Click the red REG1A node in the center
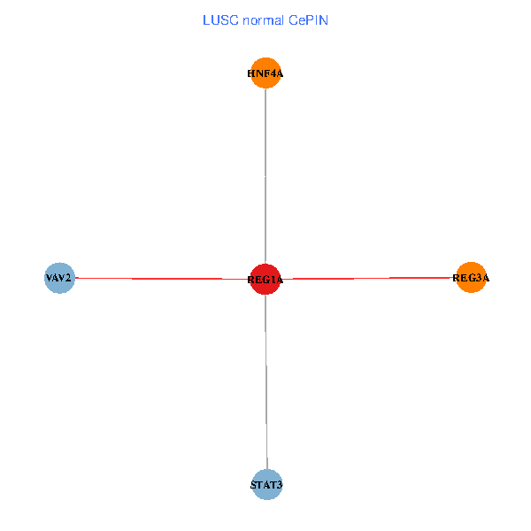(265, 279)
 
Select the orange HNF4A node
(265, 73)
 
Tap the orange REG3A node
(471, 278)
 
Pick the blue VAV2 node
(59, 278)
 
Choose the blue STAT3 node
(266, 484)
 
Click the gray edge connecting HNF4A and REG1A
(265, 177)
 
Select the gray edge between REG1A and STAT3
(266, 381)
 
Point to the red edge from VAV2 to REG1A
(159, 279)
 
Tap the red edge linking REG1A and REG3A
(372, 279)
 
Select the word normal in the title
(262, 19)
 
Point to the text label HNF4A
(265, 74)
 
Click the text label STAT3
(266, 485)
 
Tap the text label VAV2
(59, 279)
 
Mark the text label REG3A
(471, 279)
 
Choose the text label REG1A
(265, 281)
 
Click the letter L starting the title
(206, 19)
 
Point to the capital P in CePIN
(310, 19)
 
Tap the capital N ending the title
(324, 19)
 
